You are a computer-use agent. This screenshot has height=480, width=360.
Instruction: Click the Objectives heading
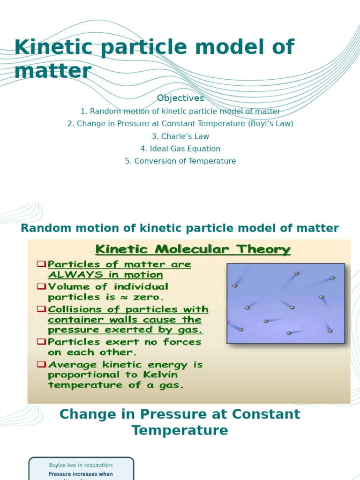[180, 98]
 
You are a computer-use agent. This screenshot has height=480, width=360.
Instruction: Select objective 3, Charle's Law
[180, 136]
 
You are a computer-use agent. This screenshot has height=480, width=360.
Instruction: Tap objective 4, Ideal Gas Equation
[180, 149]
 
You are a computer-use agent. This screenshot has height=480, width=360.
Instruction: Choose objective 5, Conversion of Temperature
[180, 161]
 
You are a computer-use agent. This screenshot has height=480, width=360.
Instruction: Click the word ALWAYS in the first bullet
[72, 275]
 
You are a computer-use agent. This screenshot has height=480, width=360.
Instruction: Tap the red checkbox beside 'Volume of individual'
[41, 286]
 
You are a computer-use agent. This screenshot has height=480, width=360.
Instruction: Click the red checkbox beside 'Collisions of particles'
[41, 309]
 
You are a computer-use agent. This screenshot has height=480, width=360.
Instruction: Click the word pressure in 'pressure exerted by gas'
[72, 330]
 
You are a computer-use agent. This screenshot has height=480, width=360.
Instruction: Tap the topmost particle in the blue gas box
[296, 273]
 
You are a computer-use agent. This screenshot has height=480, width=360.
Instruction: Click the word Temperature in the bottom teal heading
[180, 430]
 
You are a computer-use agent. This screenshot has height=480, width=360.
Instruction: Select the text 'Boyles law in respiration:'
[81, 465]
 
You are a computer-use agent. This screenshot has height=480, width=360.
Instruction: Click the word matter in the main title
[52, 71]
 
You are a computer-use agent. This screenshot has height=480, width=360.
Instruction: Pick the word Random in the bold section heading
[45, 228]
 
